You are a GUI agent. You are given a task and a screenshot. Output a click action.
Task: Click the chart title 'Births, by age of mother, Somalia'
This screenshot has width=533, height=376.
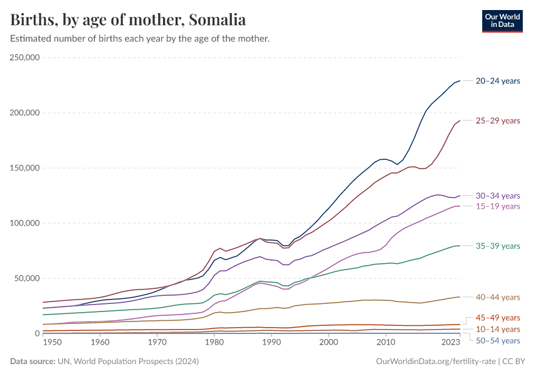click(128, 20)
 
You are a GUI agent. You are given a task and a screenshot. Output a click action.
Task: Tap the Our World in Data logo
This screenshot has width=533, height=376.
click(502, 20)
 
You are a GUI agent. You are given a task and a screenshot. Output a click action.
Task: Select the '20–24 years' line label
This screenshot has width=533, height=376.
click(498, 81)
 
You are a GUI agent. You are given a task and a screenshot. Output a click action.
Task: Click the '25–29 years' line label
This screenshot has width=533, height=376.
click(498, 120)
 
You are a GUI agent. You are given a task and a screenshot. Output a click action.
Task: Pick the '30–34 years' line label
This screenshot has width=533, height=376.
click(498, 196)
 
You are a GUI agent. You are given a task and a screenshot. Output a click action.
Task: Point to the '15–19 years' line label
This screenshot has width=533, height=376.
click(498, 206)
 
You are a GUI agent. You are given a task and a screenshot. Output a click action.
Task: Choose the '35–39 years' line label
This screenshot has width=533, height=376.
click(498, 246)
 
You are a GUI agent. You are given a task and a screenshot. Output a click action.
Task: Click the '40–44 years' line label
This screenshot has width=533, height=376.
click(498, 297)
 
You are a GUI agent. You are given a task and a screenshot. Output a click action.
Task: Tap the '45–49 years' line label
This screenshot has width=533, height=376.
click(498, 318)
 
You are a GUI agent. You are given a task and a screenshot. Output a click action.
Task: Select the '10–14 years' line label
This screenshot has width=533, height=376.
click(498, 329)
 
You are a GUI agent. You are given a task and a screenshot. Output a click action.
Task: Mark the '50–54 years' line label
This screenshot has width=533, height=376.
click(498, 340)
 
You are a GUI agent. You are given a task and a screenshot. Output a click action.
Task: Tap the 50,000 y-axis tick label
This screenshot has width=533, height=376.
click(27, 278)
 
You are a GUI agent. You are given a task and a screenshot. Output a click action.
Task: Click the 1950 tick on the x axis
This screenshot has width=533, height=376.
click(52, 343)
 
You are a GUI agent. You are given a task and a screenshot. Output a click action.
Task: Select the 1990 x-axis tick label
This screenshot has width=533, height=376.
click(271, 343)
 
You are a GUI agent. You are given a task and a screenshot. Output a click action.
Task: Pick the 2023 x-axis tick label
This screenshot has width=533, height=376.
click(450, 343)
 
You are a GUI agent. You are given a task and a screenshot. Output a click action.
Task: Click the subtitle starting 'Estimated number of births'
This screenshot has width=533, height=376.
click(140, 39)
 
